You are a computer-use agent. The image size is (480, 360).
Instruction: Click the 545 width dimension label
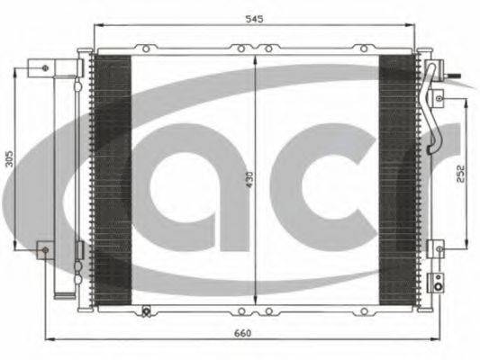point(254,19)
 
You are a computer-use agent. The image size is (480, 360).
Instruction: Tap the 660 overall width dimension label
point(242,333)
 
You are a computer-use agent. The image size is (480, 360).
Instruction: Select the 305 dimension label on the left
point(10,158)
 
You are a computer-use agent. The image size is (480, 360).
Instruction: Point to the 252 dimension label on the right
point(460,174)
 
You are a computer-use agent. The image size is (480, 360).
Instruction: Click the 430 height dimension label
point(249,179)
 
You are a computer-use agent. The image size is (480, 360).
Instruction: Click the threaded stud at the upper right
point(452,76)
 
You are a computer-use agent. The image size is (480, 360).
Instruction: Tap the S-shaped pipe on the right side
point(431,109)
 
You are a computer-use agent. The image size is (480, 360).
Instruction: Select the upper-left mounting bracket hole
point(45,67)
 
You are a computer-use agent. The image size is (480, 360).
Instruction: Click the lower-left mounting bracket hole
point(46,250)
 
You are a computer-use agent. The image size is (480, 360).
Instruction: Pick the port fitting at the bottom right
point(439,286)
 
